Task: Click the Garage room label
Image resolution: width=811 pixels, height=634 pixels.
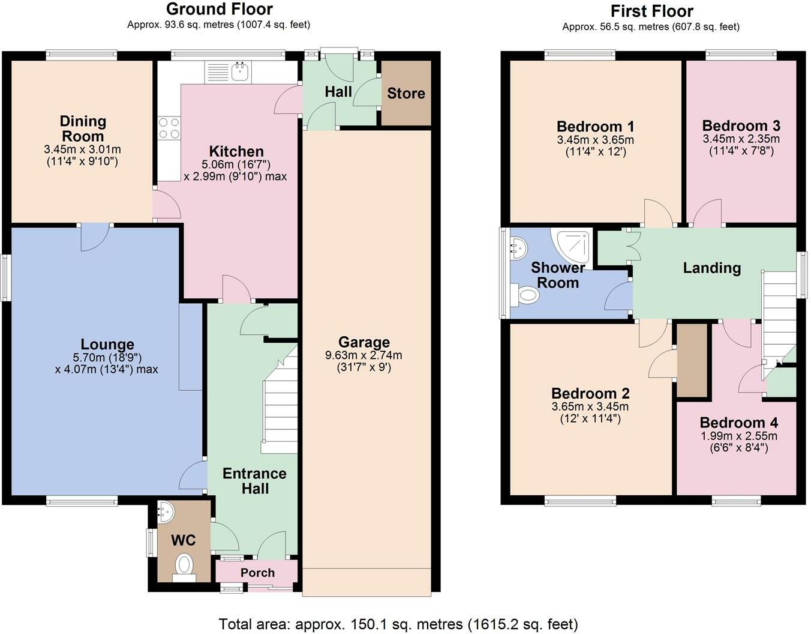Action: [x=364, y=342]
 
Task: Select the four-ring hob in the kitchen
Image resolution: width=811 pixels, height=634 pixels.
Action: [x=169, y=128]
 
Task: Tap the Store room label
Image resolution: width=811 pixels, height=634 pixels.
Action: [x=406, y=93]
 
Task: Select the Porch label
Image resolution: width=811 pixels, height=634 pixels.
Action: [x=257, y=572]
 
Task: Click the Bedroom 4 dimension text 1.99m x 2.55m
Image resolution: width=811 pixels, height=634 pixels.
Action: [x=738, y=436]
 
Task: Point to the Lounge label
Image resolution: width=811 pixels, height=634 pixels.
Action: [x=107, y=344]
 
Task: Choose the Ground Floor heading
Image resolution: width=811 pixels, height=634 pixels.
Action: [x=220, y=9]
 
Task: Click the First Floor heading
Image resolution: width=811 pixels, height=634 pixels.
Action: [x=651, y=11]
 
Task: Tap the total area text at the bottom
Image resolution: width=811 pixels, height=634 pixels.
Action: [x=398, y=624]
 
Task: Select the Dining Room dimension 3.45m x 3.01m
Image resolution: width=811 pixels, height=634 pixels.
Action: [x=83, y=149]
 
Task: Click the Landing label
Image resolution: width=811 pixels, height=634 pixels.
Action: [x=711, y=268]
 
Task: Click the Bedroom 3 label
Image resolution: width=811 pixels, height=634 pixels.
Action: [x=741, y=126]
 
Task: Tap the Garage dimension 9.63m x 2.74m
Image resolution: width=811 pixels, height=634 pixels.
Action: [x=364, y=355]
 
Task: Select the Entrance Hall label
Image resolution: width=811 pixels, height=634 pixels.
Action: [x=254, y=481]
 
